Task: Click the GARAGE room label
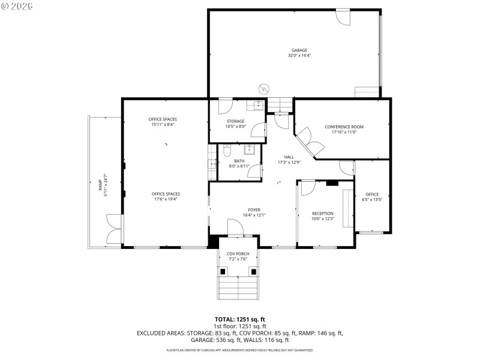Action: (299, 50)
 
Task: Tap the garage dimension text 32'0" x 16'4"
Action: (299, 55)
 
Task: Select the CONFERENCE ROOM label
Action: (344, 127)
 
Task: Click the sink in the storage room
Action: (258, 106)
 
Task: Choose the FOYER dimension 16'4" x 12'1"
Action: (254, 215)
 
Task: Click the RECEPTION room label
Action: (322, 213)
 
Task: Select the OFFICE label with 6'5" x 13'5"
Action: (372, 194)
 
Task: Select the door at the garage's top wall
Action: (343, 17)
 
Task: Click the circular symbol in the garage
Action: (263, 89)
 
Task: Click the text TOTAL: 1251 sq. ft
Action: (239, 319)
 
